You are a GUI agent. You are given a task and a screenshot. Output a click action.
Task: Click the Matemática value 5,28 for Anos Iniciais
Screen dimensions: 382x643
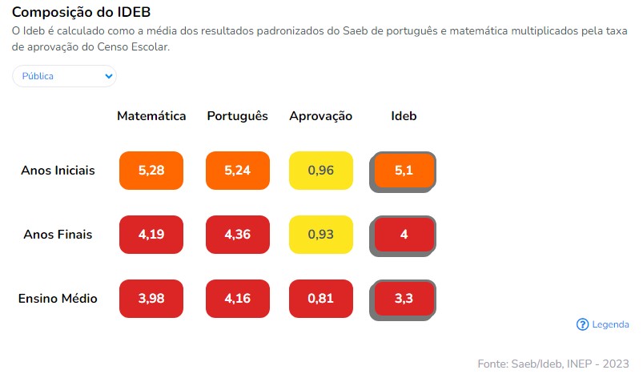(x=151, y=171)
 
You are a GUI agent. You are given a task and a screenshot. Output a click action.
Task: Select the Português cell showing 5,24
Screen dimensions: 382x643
(x=238, y=171)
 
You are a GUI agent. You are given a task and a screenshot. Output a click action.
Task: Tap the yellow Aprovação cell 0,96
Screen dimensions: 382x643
(x=321, y=171)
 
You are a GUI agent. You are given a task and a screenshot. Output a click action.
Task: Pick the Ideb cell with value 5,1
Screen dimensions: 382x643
(x=404, y=171)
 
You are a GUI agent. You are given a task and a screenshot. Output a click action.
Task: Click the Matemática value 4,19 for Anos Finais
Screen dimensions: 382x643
(x=151, y=235)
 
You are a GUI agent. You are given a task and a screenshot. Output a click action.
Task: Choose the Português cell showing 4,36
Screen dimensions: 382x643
(x=238, y=235)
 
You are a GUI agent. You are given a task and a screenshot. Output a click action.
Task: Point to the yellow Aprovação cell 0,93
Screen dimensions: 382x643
(x=321, y=235)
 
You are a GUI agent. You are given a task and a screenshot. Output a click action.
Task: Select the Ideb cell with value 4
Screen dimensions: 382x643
(x=404, y=235)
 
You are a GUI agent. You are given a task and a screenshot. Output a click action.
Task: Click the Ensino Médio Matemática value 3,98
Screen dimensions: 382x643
(x=151, y=299)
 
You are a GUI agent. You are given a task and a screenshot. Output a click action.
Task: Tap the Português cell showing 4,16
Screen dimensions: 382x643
(x=238, y=299)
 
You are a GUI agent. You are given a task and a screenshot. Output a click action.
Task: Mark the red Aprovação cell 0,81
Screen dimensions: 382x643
(x=321, y=299)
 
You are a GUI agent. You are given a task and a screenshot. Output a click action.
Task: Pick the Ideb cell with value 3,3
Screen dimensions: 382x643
(x=404, y=299)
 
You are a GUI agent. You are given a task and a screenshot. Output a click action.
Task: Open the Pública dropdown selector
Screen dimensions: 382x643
(x=64, y=76)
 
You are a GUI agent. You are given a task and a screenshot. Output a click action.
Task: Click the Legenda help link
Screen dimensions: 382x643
(x=603, y=324)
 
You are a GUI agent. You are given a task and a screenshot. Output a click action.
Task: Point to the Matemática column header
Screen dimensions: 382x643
(x=151, y=116)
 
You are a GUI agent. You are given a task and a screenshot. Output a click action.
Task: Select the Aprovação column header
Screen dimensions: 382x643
(x=321, y=116)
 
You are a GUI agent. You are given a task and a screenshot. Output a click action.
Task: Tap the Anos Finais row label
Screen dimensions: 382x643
(x=58, y=235)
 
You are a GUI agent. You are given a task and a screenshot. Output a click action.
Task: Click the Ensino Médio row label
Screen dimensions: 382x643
(x=58, y=299)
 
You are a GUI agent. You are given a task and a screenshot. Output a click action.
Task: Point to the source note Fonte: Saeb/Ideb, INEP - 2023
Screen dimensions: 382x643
(x=553, y=364)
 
